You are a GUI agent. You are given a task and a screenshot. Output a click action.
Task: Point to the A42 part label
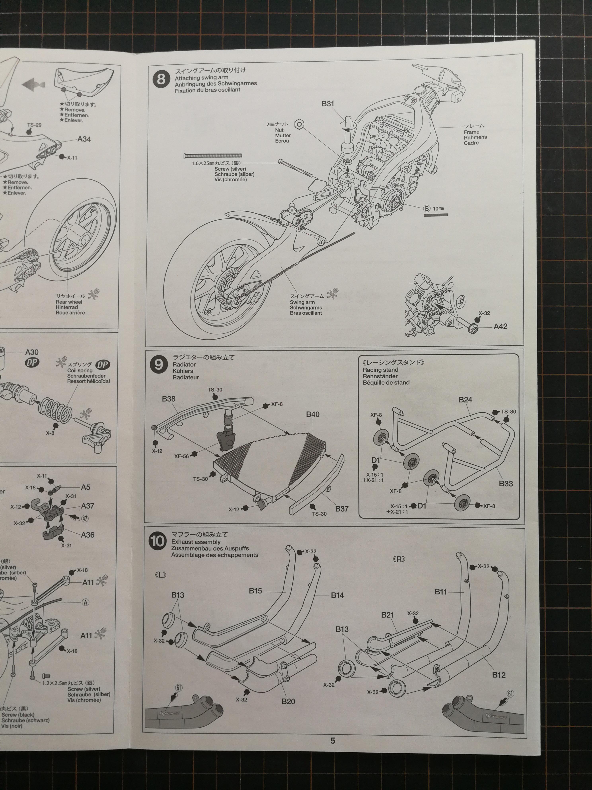click(500, 326)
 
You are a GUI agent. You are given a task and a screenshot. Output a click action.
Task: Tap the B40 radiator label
click(313, 414)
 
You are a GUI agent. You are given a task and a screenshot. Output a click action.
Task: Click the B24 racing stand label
click(465, 400)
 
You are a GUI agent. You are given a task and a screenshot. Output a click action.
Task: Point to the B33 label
click(506, 484)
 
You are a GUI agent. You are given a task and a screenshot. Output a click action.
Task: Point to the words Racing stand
click(380, 370)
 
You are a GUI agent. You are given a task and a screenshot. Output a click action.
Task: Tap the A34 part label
click(84, 139)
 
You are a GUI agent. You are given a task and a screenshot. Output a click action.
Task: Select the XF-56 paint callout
click(182, 456)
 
